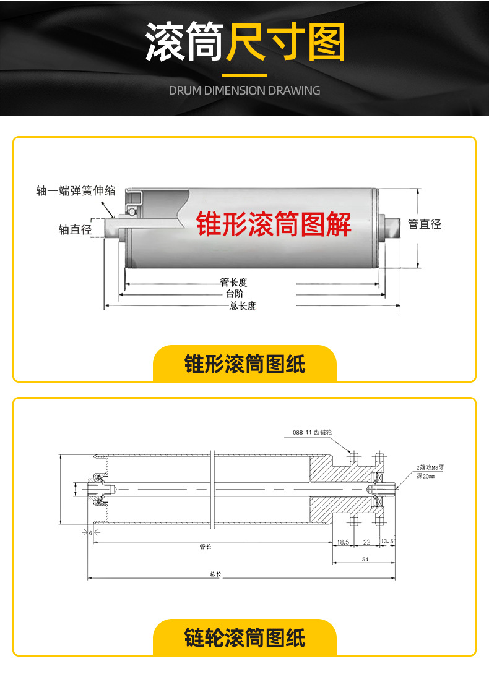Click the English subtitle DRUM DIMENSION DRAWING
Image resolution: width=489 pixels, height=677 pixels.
(x=244, y=90)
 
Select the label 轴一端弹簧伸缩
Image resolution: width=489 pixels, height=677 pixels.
(x=76, y=191)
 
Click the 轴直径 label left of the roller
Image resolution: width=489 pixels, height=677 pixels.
(x=75, y=230)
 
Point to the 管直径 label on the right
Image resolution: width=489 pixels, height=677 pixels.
(x=425, y=224)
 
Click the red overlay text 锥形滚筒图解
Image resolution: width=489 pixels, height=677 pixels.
(x=274, y=224)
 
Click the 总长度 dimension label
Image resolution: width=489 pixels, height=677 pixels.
(x=243, y=305)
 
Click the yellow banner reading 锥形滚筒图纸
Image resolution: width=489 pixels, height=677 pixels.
(x=244, y=364)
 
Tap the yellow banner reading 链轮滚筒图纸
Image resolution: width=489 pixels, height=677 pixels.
(x=244, y=637)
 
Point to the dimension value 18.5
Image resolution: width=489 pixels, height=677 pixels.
(x=344, y=542)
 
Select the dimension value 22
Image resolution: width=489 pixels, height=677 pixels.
(x=366, y=542)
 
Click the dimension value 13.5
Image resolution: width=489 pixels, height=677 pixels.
(x=387, y=542)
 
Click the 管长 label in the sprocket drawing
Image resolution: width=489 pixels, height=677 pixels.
(x=206, y=547)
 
